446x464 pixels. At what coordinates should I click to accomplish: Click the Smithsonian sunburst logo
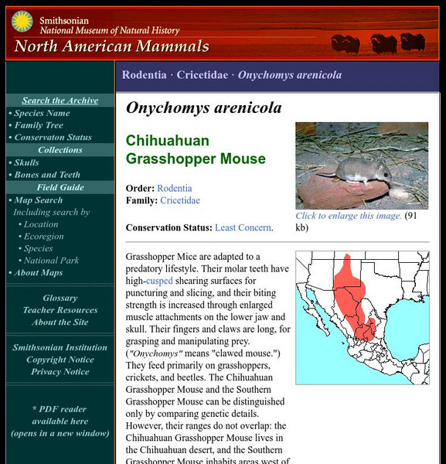[x=21, y=21]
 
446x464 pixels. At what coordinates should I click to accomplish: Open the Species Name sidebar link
[x=42, y=113]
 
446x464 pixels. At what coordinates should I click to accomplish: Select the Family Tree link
[x=39, y=125]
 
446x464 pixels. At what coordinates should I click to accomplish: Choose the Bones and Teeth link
[x=47, y=175]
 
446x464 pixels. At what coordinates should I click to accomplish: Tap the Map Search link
[x=39, y=200]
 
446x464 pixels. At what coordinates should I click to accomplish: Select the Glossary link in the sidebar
[x=60, y=299]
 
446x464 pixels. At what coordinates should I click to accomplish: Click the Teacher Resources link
[x=60, y=310]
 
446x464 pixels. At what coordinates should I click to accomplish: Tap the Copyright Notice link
[x=60, y=360]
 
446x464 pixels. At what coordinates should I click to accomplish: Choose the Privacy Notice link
[x=60, y=372]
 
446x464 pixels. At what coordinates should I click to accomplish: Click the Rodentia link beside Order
[x=175, y=188]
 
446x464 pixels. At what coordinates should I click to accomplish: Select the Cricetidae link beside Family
[x=180, y=200]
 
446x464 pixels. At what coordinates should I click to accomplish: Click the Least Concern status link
[x=243, y=227]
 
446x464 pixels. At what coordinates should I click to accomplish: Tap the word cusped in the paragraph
[x=160, y=281]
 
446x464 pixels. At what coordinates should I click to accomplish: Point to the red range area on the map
[x=352, y=295]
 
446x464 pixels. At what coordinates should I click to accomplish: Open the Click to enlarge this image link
[x=348, y=217]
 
